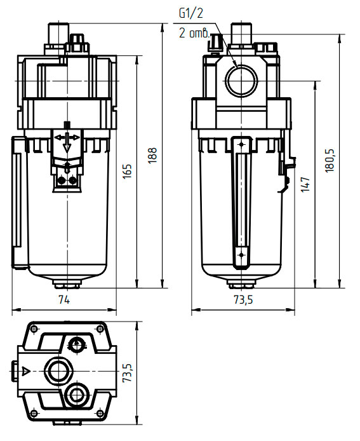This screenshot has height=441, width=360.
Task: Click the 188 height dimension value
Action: (x=152, y=155)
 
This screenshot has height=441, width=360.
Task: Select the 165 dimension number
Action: (x=128, y=171)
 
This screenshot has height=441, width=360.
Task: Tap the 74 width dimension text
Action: (x=64, y=300)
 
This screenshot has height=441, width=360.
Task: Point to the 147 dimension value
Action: (x=306, y=184)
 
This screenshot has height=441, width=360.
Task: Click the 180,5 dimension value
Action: (x=330, y=160)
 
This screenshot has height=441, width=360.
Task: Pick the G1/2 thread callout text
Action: (x=191, y=13)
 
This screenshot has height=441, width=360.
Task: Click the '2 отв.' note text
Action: (x=194, y=33)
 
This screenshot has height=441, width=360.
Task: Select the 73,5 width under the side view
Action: (x=243, y=300)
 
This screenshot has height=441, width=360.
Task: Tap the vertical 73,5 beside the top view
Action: (x=128, y=372)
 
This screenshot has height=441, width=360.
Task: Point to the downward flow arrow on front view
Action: (x=67, y=142)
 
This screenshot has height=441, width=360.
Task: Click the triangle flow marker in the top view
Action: (x=26, y=370)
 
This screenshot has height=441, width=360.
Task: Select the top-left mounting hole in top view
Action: (x=34, y=329)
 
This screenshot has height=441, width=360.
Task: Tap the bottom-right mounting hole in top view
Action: (x=100, y=413)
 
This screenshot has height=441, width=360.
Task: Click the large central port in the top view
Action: (x=60, y=370)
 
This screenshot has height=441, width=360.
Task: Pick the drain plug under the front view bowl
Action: (x=67, y=284)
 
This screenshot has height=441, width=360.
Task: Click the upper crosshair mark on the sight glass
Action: (x=241, y=144)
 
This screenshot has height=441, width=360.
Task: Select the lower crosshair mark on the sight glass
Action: (x=241, y=255)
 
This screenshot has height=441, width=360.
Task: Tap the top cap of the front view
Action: (x=58, y=34)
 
